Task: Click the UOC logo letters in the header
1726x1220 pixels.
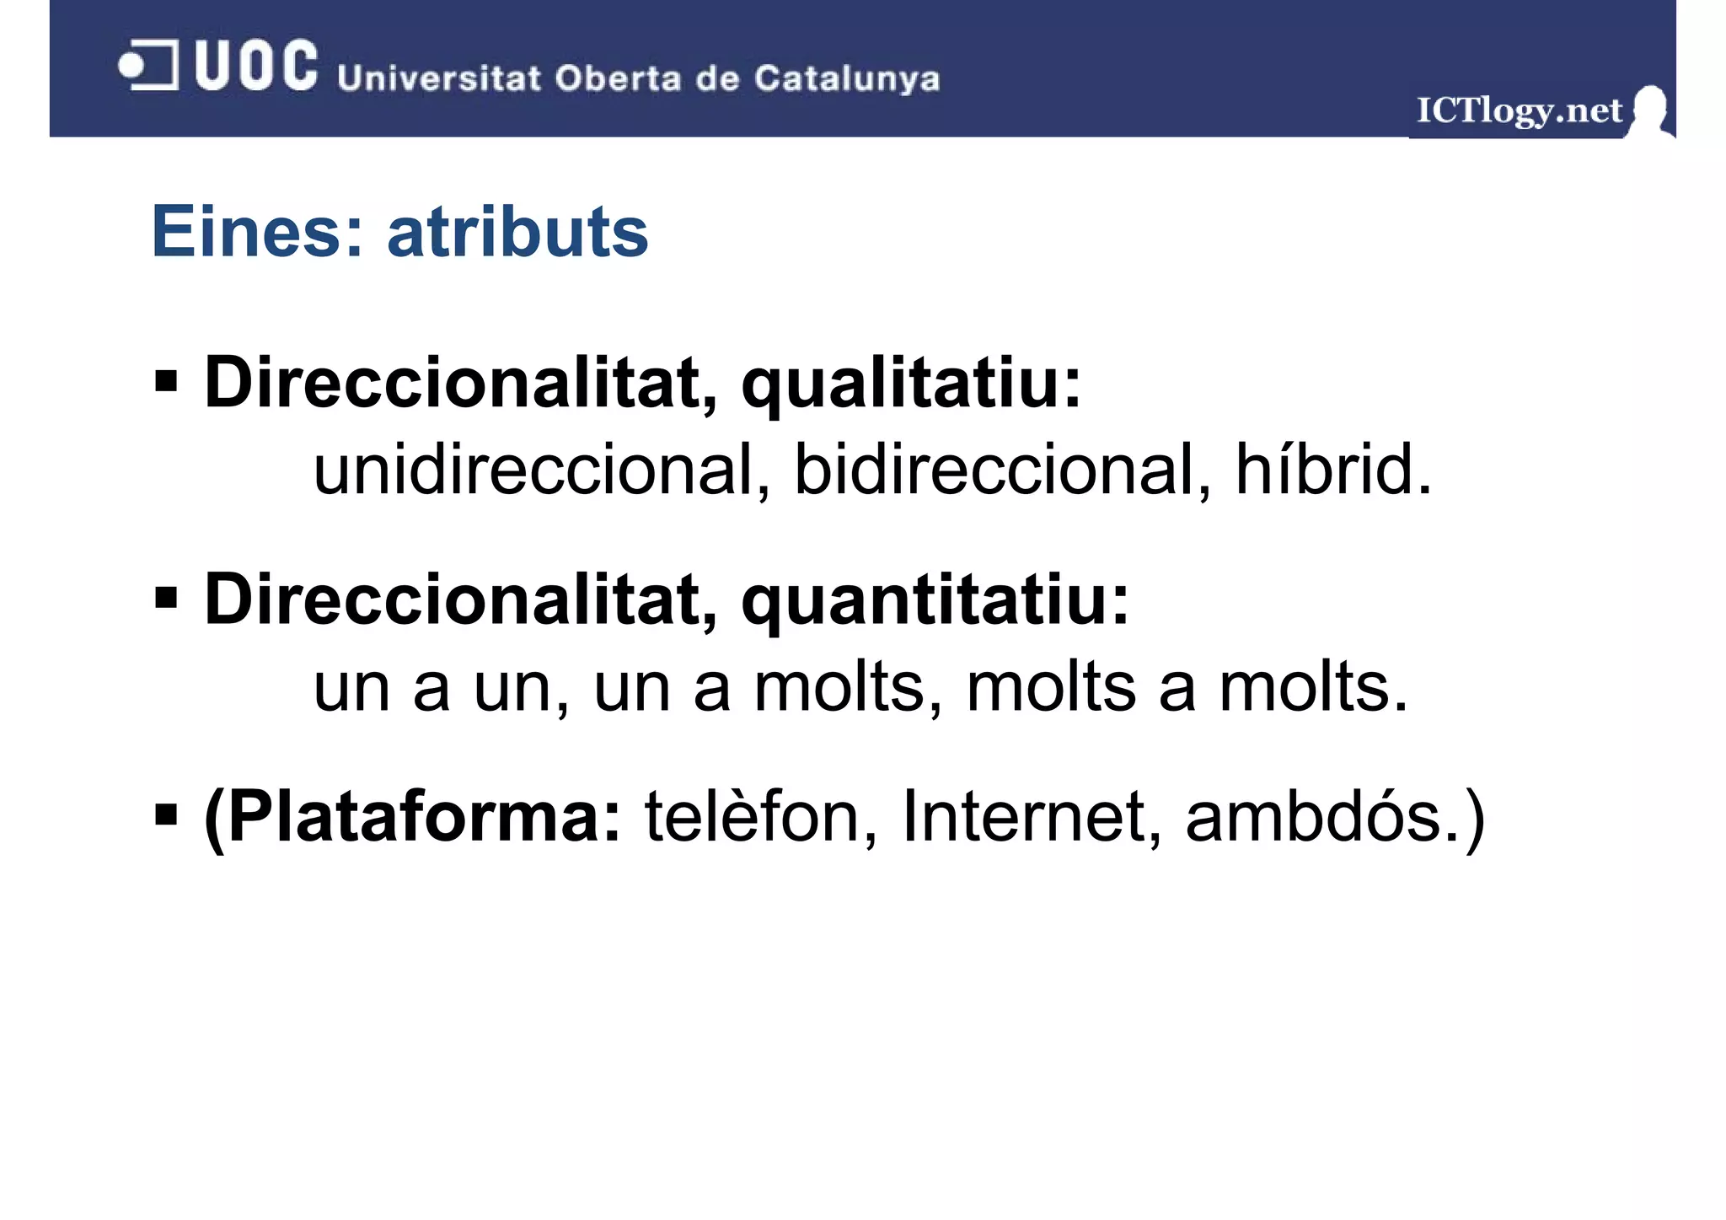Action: pyautogui.click(x=255, y=66)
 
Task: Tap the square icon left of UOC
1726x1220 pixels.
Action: pyautogui.click(x=149, y=65)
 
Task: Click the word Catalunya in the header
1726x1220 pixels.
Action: pyautogui.click(x=846, y=78)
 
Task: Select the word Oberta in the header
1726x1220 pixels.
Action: pyautogui.click(x=617, y=78)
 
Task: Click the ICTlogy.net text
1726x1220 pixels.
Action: pyautogui.click(x=1518, y=110)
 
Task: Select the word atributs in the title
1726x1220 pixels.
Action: pyautogui.click(x=517, y=232)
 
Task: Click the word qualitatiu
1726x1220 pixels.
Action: pyautogui.click(x=910, y=384)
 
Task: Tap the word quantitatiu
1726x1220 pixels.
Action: pyautogui.click(x=935, y=600)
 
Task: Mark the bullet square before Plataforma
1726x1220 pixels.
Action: pyautogui.click(x=166, y=815)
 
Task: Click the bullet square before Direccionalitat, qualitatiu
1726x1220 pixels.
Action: pyautogui.click(x=166, y=381)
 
